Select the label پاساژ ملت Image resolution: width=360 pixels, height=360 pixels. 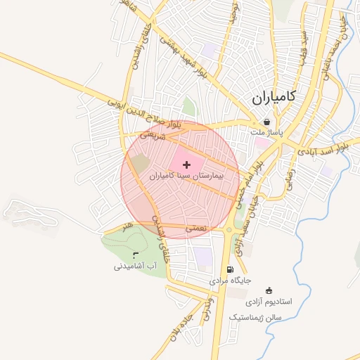pyautogui.click(x=264, y=131)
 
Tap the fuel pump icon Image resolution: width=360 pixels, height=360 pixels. pyautogui.click(x=230, y=270)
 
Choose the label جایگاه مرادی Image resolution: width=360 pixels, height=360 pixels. pyautogui.click(x=229, y=281)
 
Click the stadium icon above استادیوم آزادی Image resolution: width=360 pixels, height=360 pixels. pyautogui.click(x=268, y=291)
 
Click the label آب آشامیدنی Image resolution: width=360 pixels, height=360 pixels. pyautogui.click(x=134, y=266)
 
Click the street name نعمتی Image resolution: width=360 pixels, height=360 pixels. pyautogui.click(x=195, y=229)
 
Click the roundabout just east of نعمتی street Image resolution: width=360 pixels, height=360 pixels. pyautogui.click(x=230, y=229)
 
